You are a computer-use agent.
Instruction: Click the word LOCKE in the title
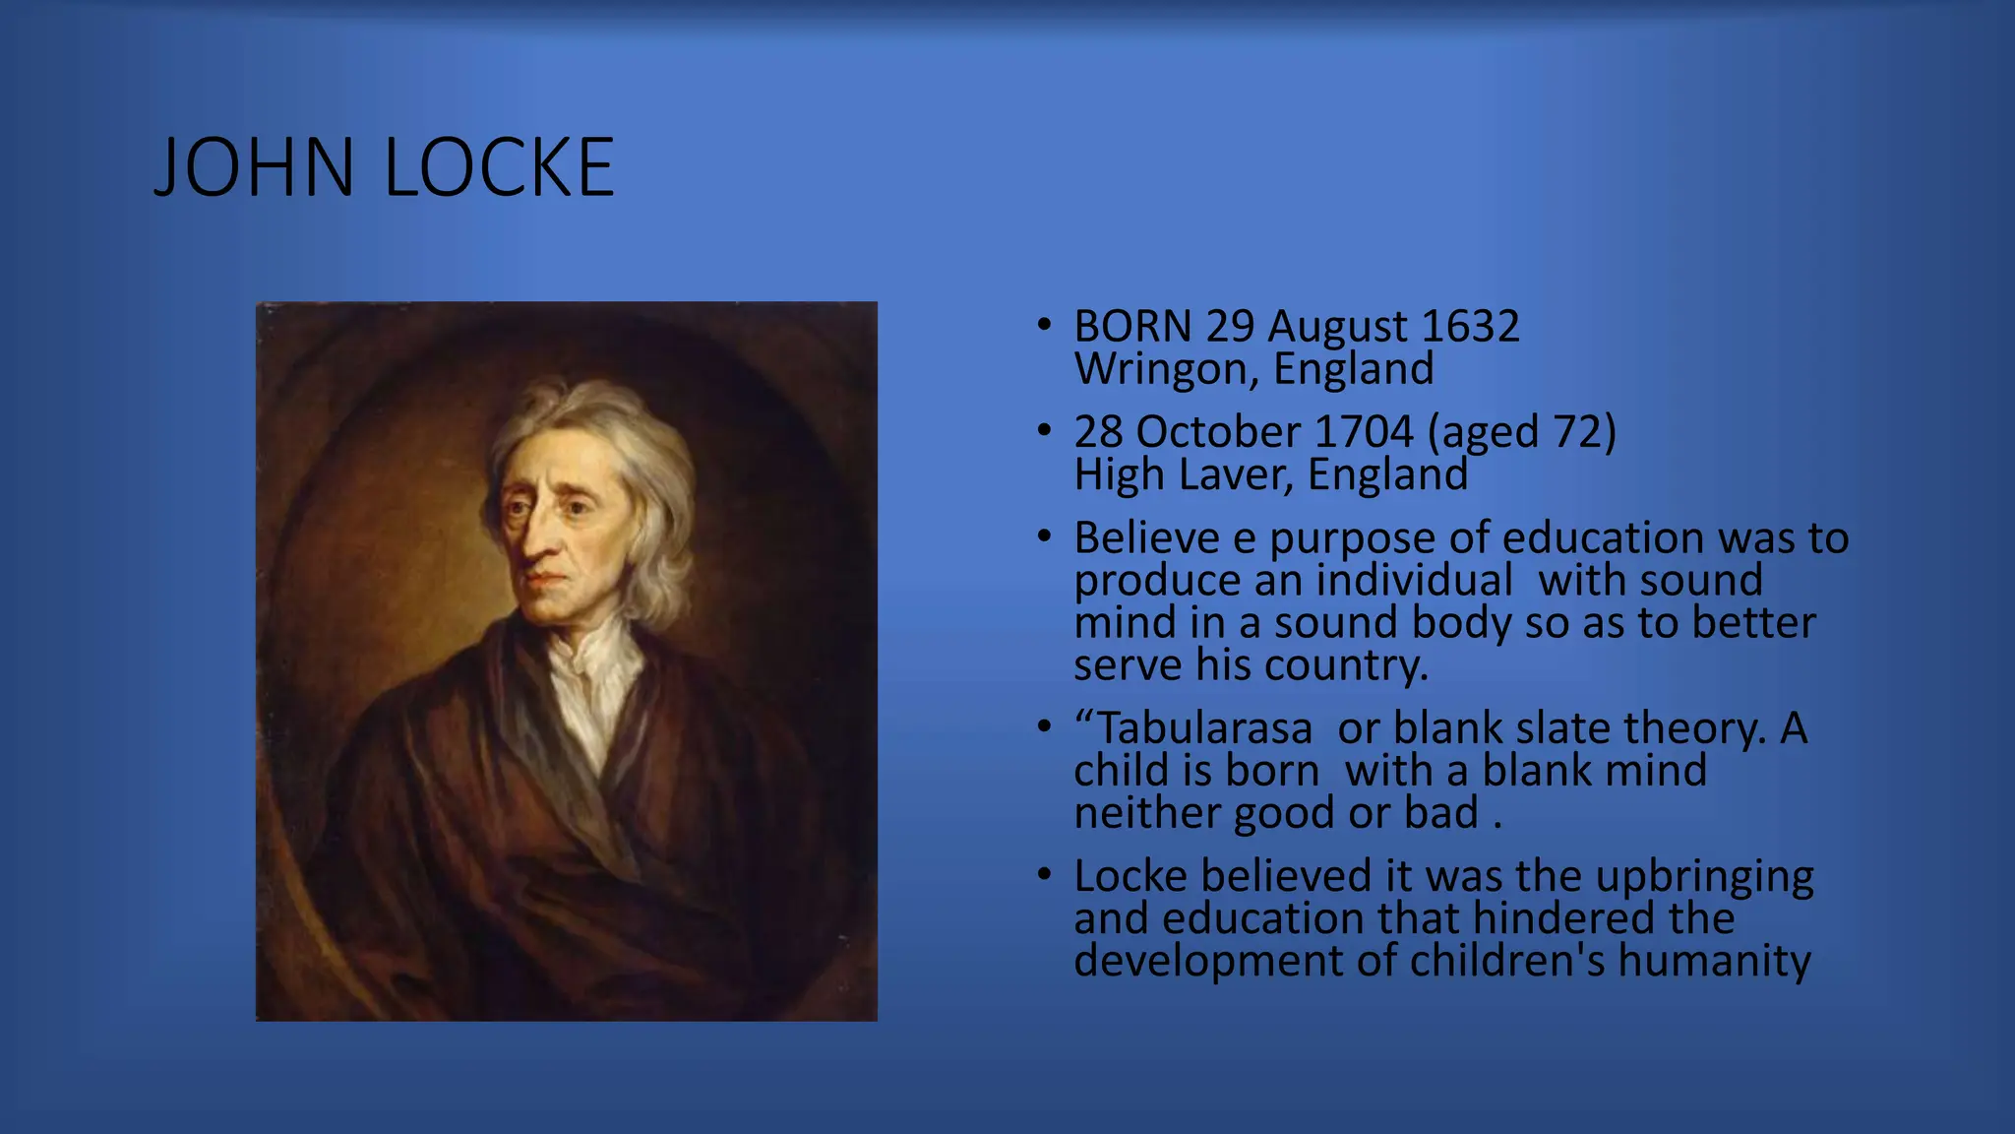point(499,168)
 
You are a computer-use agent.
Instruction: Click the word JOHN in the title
point(254,168)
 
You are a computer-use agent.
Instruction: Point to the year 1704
point(1363,432)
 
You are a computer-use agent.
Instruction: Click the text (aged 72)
point(1521,432)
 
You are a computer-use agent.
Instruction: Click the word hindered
point(1552,919)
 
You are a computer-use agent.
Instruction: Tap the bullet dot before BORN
point(1044,325)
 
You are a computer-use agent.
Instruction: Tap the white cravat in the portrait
point(590,689)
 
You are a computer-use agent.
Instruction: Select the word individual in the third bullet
point(1414,581)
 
